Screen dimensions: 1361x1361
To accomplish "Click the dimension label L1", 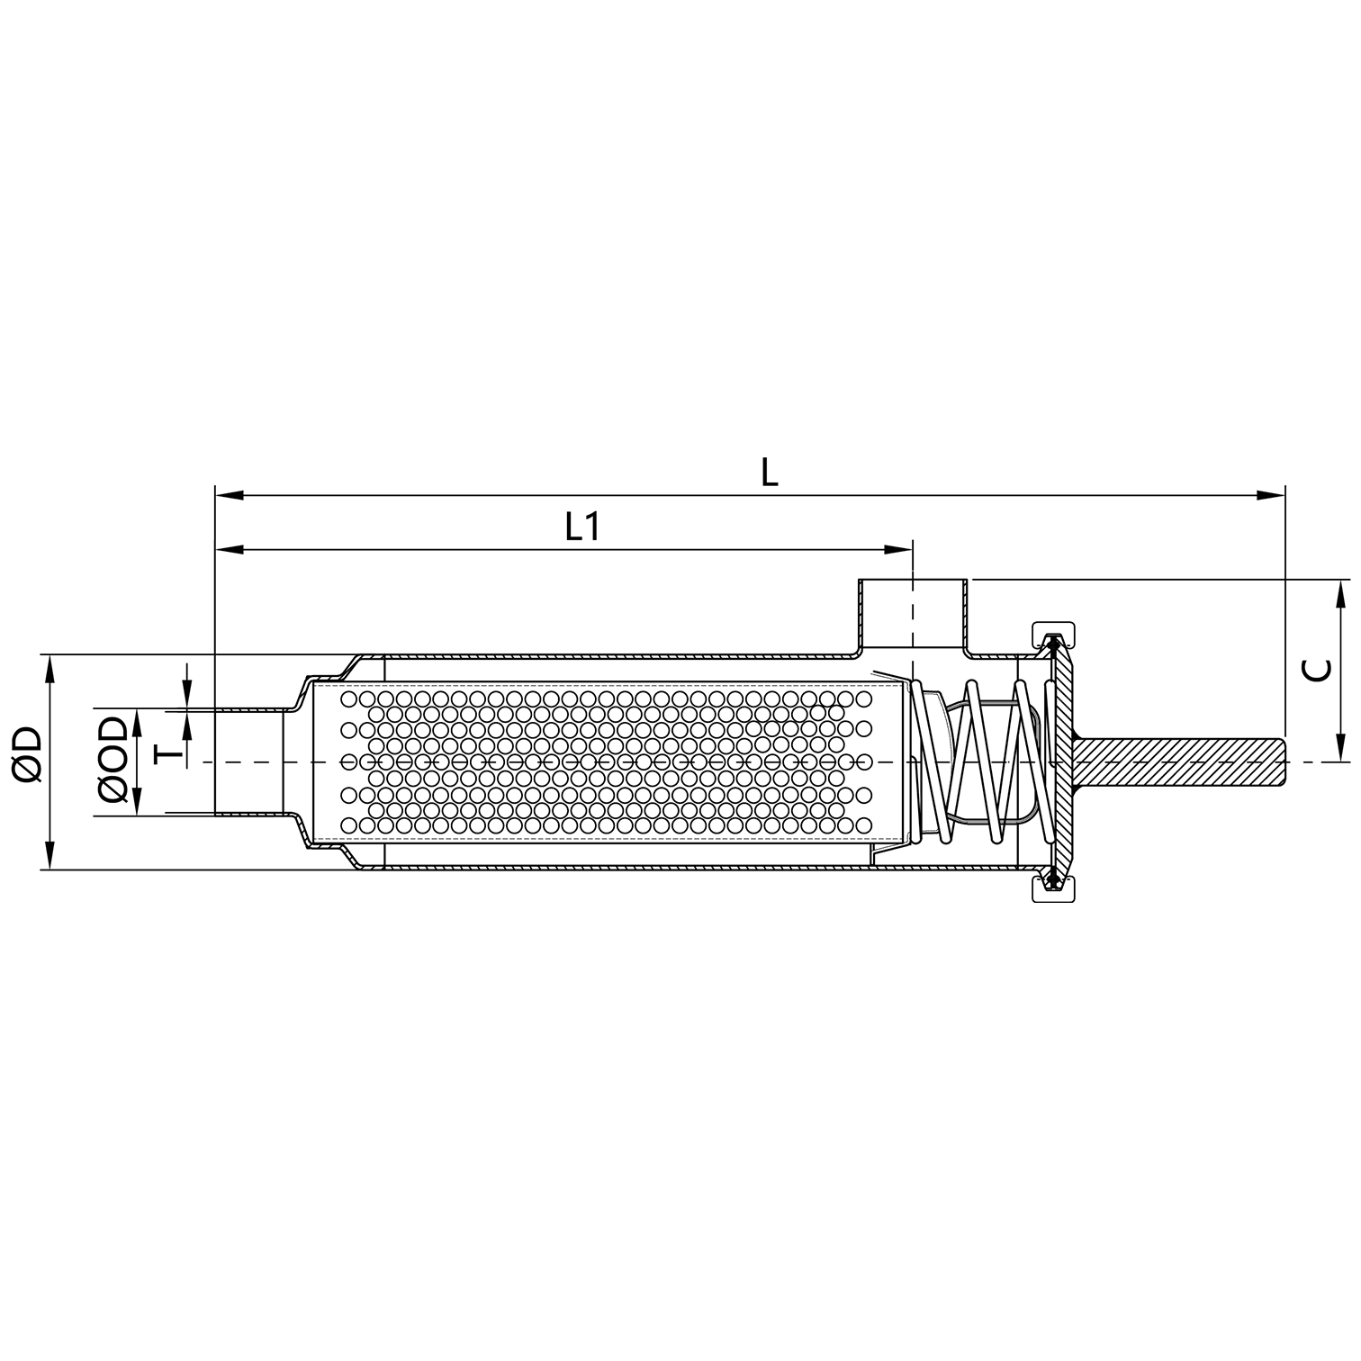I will pyautogui.click(x=582, y=527).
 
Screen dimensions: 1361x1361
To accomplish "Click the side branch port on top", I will pyautogui.click(x=913, y=612).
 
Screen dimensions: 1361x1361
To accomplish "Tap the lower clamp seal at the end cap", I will pyautogui.click(x=1052, y=886).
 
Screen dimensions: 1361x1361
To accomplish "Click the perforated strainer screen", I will pyautogui.click(x=603, y=762).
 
